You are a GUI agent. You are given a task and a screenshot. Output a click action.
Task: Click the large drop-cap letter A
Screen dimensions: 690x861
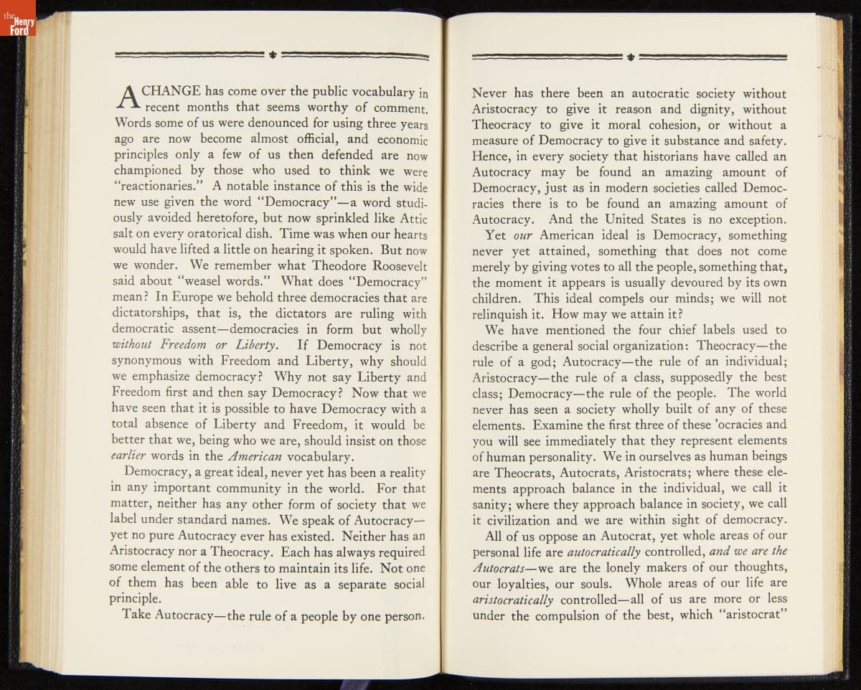(126, 100)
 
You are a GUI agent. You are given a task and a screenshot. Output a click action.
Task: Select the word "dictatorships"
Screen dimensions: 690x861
(151, 313)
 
